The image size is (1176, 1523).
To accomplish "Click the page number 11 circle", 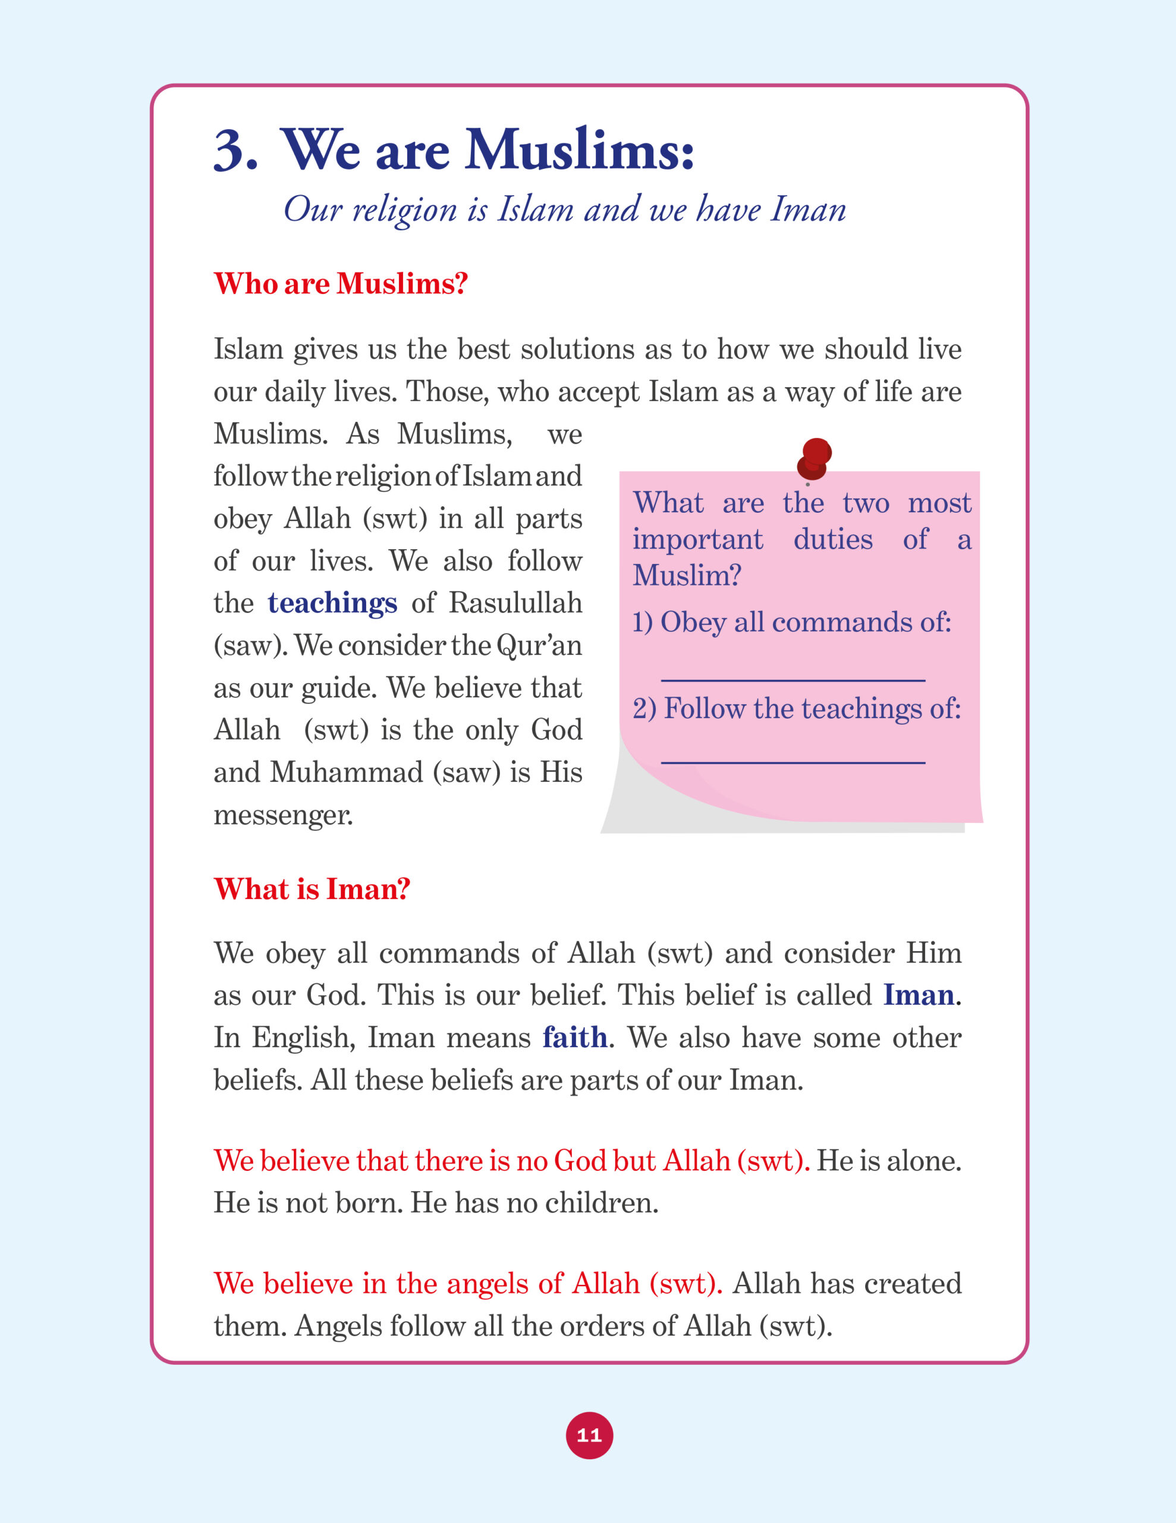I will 589,1435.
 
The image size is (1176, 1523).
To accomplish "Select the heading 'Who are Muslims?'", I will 340,284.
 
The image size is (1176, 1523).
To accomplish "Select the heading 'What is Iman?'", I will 312,889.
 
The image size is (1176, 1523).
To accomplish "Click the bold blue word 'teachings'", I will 332,603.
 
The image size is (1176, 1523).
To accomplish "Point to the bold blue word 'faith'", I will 574,1038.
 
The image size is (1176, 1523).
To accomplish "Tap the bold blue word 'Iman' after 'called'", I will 918,995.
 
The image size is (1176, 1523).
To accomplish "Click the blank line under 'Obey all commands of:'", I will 793,679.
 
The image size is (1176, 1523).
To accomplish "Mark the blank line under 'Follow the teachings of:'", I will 793,762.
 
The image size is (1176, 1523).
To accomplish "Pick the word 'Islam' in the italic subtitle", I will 534,209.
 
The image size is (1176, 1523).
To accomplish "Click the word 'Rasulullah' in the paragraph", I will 515,603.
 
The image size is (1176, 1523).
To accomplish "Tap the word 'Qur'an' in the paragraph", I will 538,645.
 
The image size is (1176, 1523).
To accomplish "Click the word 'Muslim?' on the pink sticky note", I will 686,576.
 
